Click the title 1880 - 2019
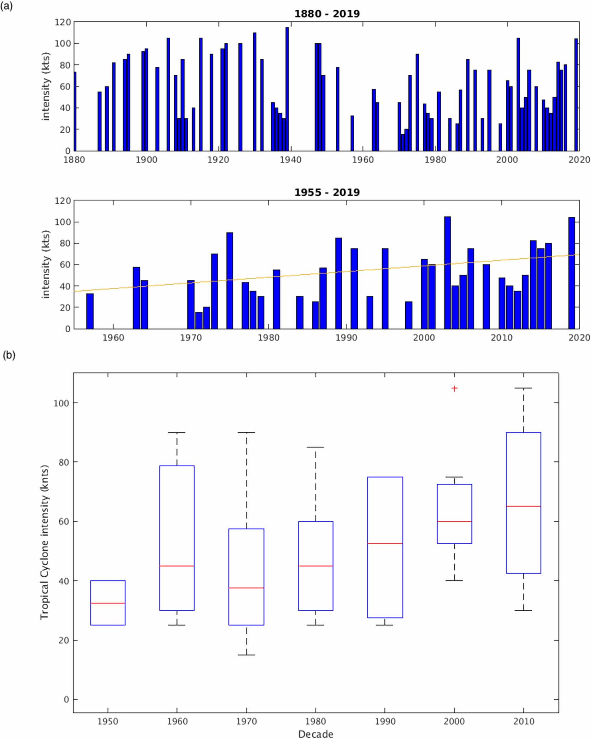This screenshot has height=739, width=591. click(327, 14)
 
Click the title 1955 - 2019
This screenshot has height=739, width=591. click(327, 192)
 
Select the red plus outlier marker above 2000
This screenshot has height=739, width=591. click(454, 389)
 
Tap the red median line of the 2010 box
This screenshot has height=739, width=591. click(524, 506)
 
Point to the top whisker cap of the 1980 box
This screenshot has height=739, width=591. click(316, 447)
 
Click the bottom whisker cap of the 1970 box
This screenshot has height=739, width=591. click(246, 655)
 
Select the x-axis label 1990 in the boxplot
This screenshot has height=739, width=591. click(385, 721)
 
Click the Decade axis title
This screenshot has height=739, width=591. click(316, 734)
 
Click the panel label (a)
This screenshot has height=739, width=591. click(7, 6)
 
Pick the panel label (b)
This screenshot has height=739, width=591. click(9, 355)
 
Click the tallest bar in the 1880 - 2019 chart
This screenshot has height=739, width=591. click(287, 89)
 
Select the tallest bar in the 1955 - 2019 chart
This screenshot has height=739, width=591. click(447, 272)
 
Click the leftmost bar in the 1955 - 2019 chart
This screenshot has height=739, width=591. click(90, 311)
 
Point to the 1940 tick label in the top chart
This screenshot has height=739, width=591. click(290, 160)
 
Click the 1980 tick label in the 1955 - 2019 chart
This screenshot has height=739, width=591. click(268, 337)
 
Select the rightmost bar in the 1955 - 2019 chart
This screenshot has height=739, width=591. click(571, 273)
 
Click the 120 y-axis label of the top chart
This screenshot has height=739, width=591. click(63, 22)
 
